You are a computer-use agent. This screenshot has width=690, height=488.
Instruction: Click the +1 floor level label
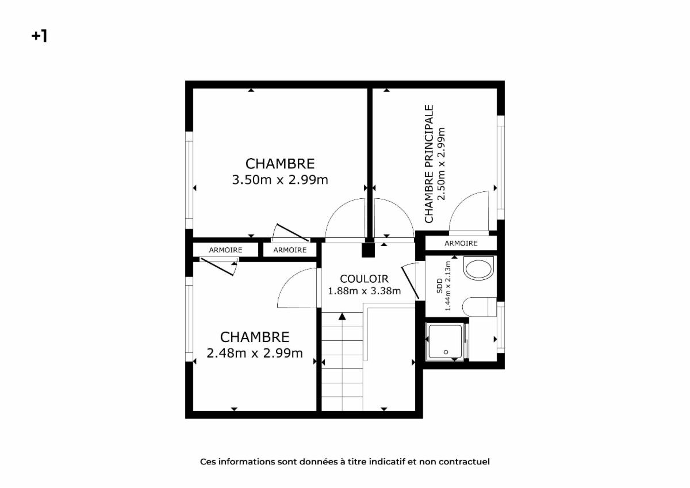coord(40,36)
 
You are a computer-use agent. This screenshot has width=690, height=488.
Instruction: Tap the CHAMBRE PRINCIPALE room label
coord(429,164)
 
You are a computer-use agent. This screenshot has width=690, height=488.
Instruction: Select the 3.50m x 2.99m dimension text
coord(280,180)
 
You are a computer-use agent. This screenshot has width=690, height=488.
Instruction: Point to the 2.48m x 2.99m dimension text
coord(255,353)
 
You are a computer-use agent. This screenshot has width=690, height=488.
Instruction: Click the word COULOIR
coord(364,279)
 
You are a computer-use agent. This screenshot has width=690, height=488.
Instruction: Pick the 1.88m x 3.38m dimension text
coord(364,291)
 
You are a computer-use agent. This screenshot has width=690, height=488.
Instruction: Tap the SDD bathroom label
coord(440,286)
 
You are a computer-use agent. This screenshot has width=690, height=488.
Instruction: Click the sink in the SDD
coord(478,268)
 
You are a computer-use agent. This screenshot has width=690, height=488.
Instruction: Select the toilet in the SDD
coord(480,307)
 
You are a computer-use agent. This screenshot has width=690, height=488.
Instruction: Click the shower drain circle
coord(446,352)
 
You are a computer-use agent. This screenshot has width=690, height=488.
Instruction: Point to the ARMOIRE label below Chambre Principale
coord(461,244)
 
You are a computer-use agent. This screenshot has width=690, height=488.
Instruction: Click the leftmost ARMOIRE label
coord(225,250)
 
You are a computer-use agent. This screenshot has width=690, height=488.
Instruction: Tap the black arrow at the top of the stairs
coord(342,317)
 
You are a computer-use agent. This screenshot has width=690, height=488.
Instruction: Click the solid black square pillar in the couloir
coord(368,250)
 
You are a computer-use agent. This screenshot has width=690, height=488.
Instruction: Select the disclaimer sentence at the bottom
coord(344,462)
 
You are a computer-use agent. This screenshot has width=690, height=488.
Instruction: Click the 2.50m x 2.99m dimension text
coord(442,164)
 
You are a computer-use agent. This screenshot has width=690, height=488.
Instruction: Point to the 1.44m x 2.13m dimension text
coord(448,286)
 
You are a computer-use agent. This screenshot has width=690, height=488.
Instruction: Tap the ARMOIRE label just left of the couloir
coord(290,250)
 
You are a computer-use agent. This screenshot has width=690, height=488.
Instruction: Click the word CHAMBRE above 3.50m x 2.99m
coord(280,164)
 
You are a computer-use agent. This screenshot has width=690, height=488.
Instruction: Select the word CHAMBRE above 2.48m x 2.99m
coord(255,337)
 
